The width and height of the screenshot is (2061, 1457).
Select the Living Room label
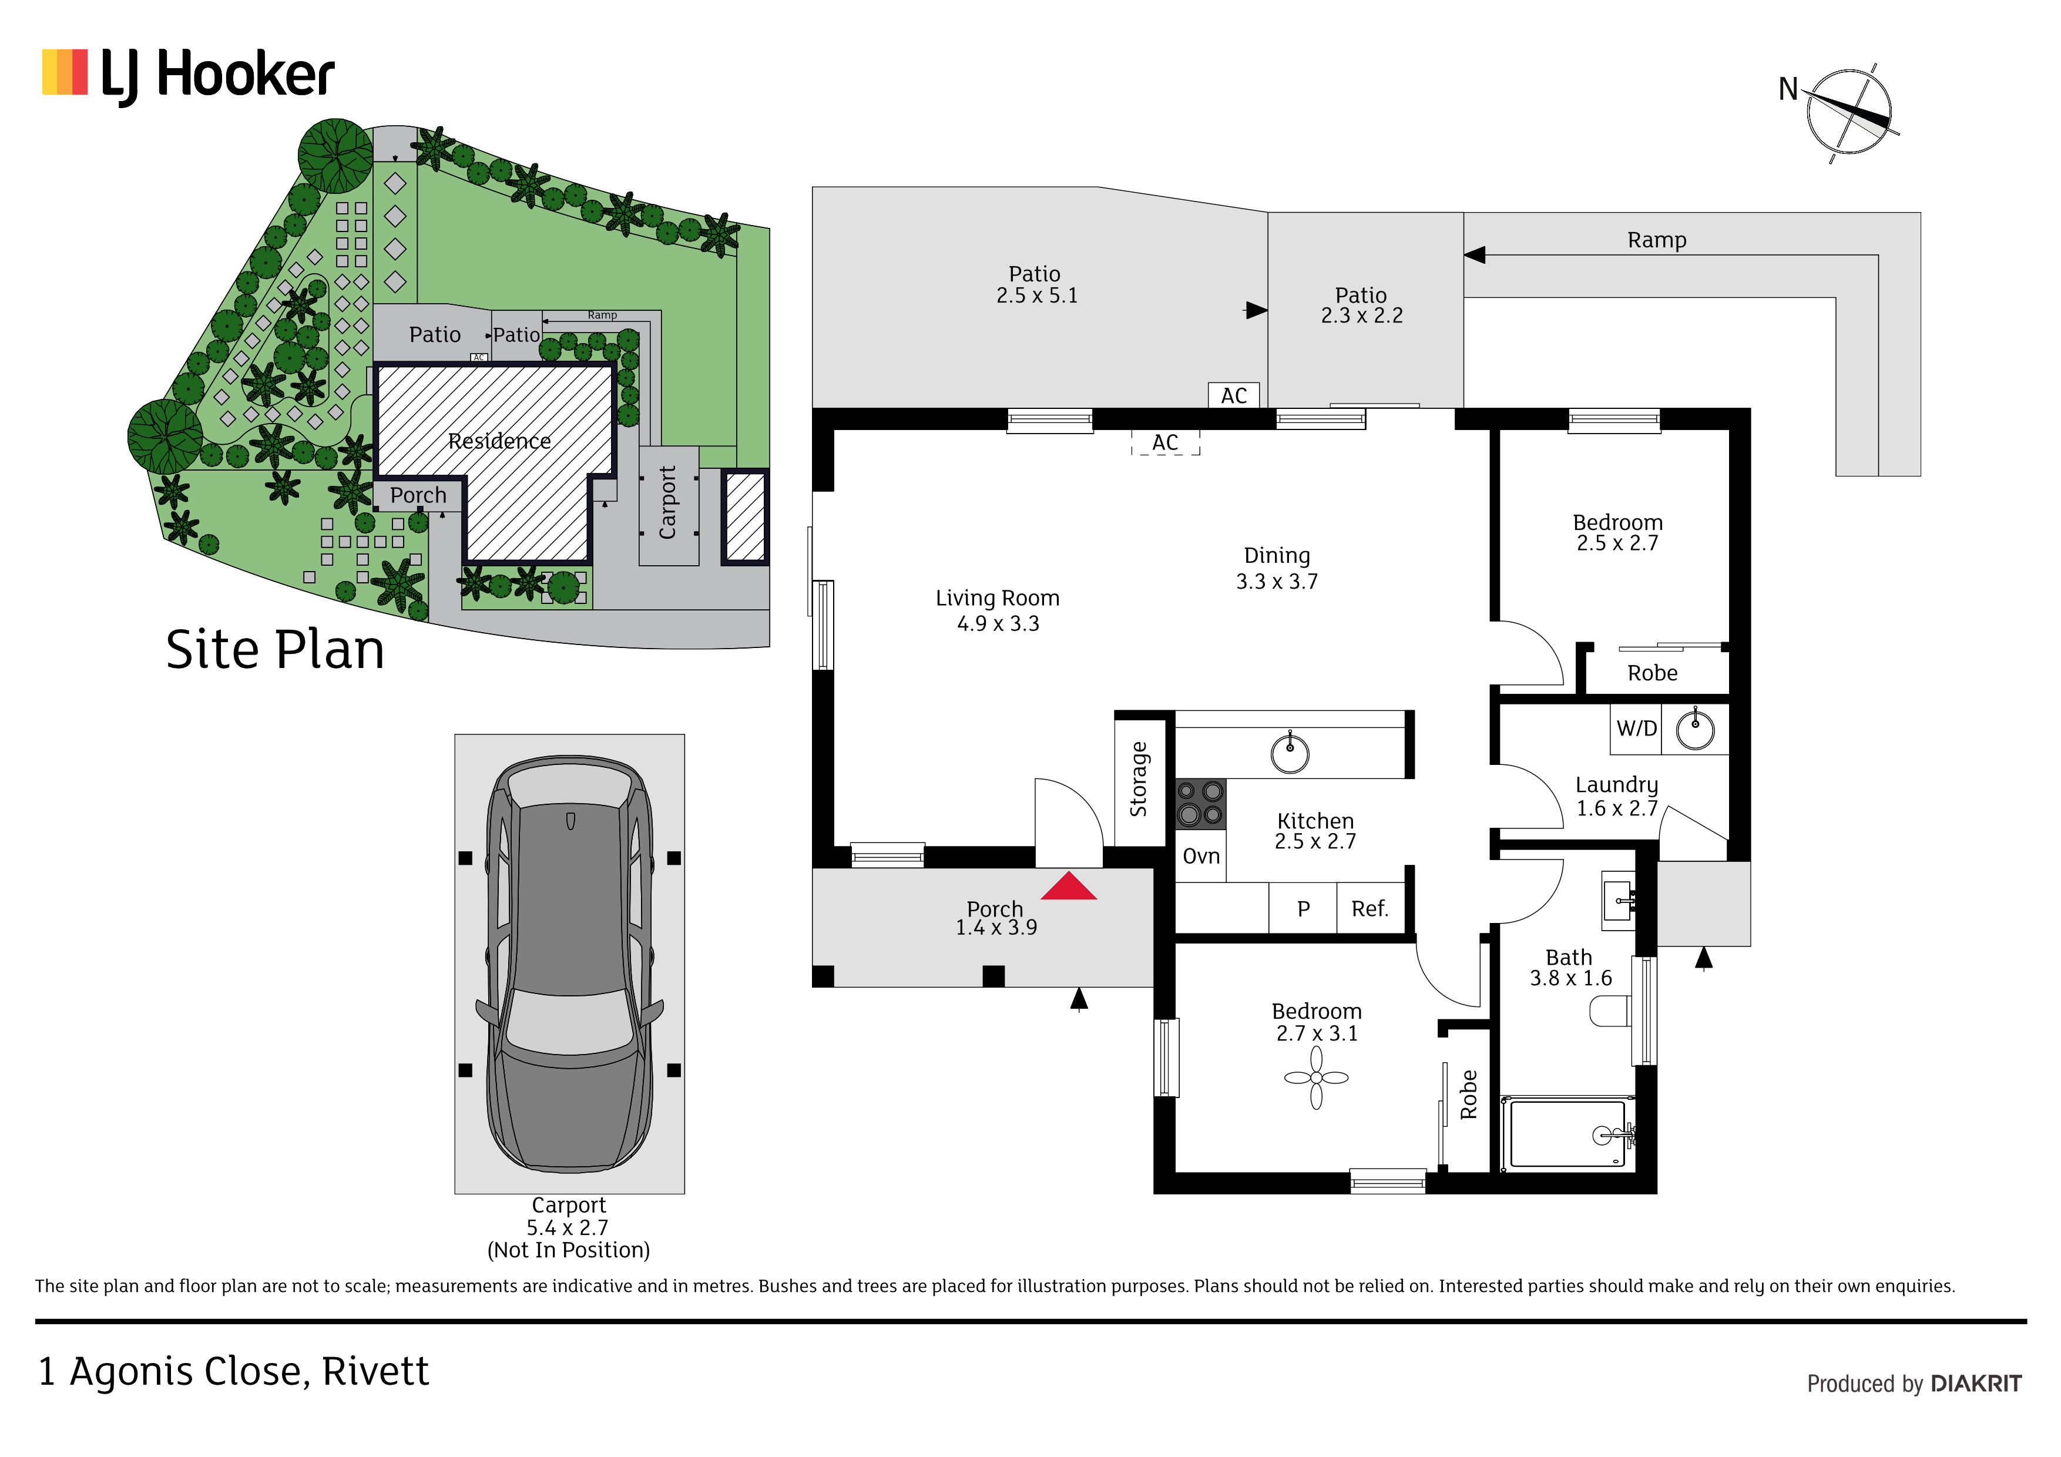click(997, 598)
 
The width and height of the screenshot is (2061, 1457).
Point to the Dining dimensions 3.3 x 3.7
click(1277, 582)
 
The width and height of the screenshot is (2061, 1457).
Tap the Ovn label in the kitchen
click(1201, 857)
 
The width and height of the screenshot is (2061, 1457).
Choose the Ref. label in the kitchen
click(1370, 909)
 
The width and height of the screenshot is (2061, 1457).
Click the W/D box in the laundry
click(1636, 729)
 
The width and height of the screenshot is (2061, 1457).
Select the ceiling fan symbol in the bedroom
click(1316, 1078)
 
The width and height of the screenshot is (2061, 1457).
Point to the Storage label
click(1138, 779)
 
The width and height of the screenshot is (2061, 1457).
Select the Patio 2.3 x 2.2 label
click(1362, 305)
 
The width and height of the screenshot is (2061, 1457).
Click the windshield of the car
click(569, 1022)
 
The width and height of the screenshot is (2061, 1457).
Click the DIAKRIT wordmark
click(1976, 1384)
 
